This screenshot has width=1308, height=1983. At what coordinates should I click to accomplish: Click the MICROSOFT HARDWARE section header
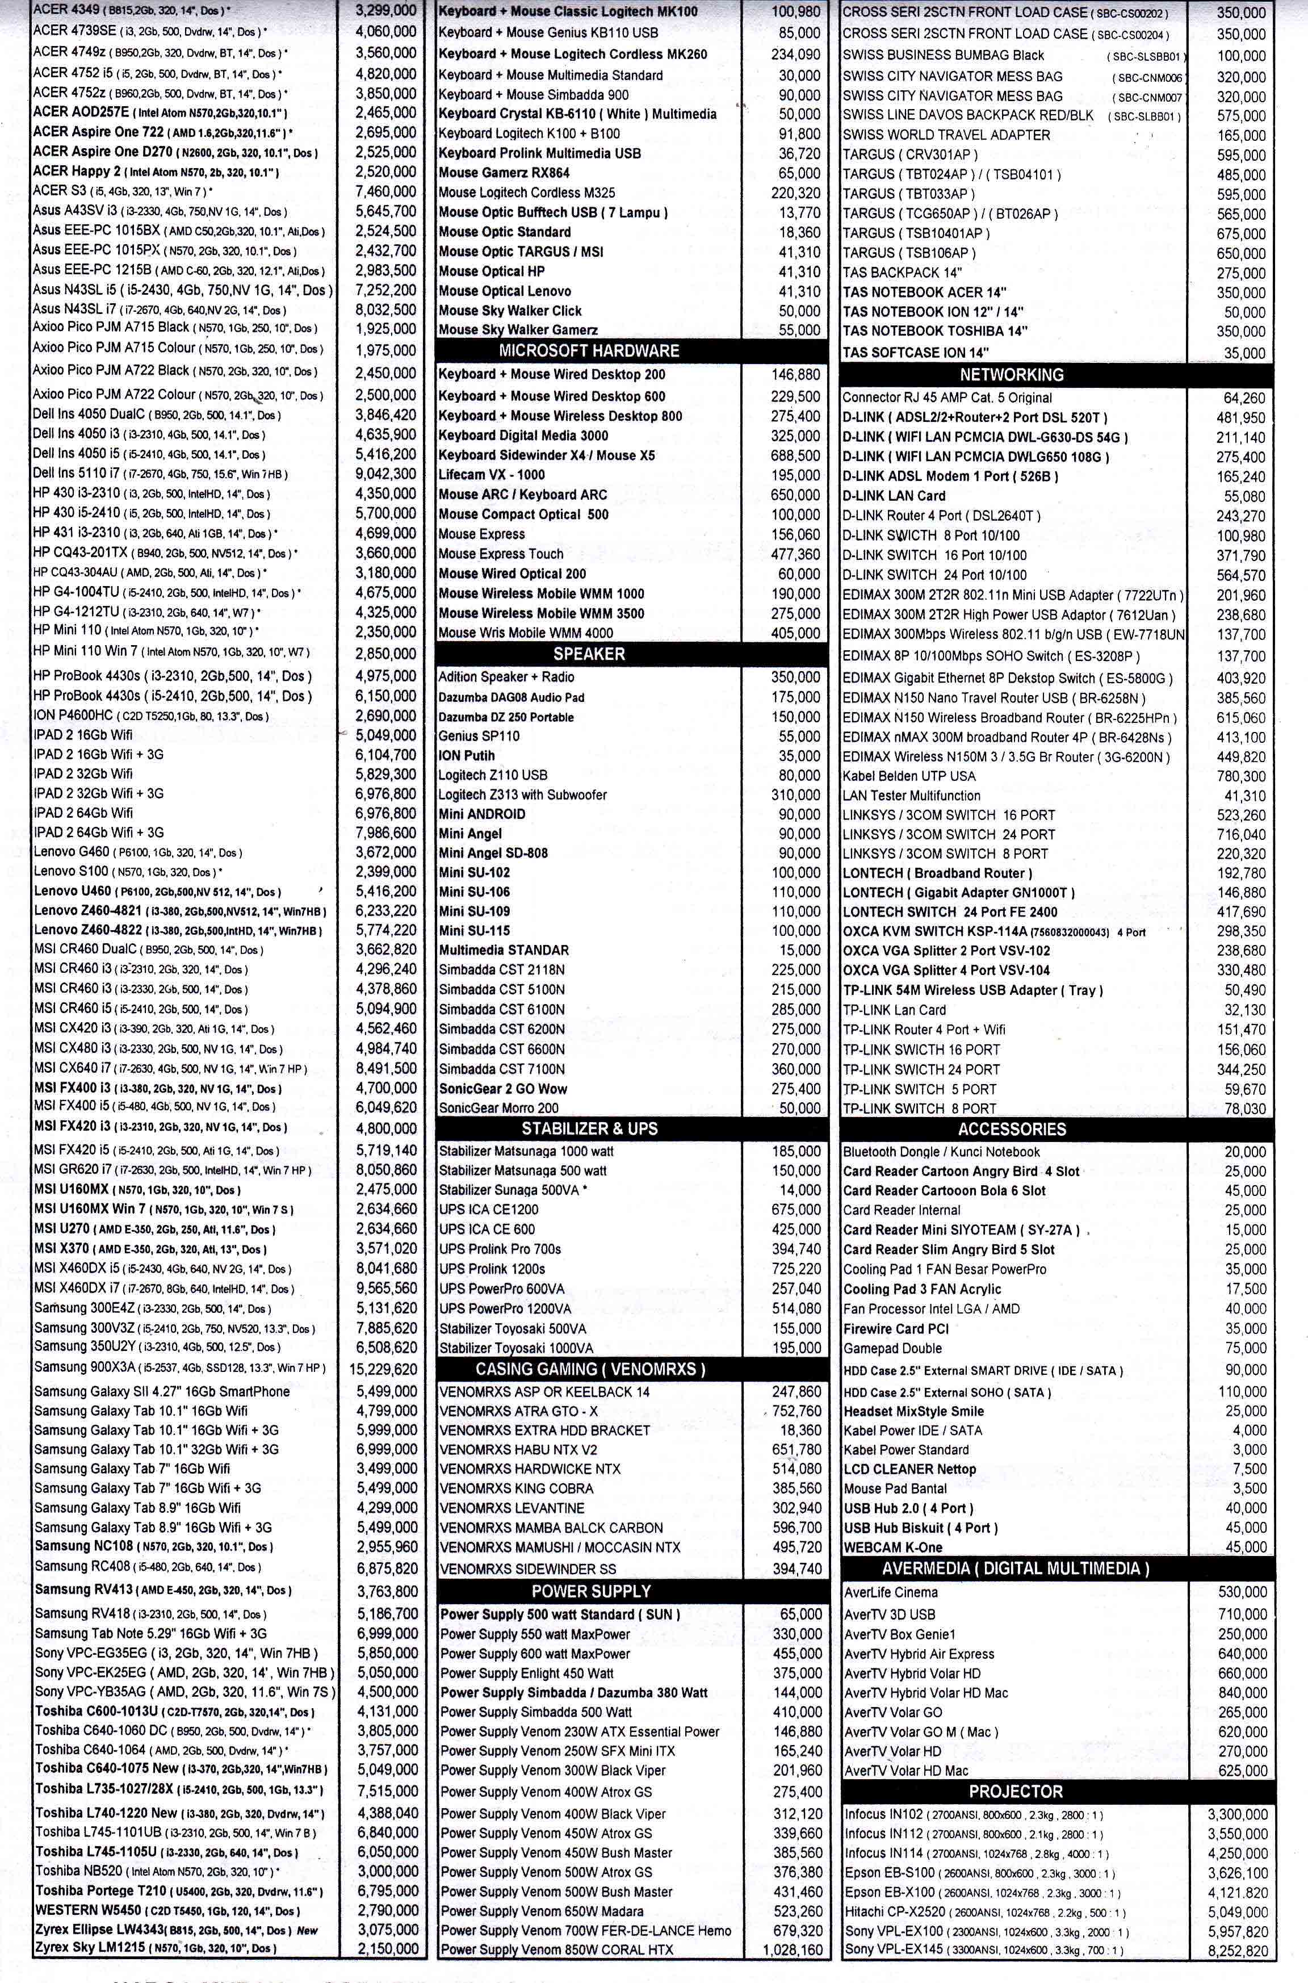tap(589, 351)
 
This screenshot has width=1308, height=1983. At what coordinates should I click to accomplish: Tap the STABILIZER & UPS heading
tap(589, 1129)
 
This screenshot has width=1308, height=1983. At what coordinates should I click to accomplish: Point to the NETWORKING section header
tap(1011, 375)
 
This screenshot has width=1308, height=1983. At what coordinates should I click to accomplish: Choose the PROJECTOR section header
tap(1015, 1791)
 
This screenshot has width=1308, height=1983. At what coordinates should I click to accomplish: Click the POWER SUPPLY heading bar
tap(590, 1591)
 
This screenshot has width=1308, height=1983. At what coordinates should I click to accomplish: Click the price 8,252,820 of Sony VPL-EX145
tap(1237, 1951)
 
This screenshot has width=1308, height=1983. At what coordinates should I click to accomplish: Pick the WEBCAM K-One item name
tap(892, 1547)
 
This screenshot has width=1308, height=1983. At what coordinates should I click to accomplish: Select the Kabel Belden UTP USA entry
tap(908, 776)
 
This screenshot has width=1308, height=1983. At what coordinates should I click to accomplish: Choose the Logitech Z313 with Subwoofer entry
tap(523, 795)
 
